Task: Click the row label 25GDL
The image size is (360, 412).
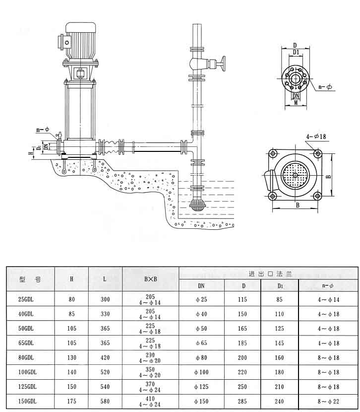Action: pos(25,299)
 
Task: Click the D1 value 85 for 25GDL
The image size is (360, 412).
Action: pos(280,299)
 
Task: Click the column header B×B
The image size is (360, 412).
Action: pos(151,279)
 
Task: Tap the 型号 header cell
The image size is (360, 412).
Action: pos(30,279)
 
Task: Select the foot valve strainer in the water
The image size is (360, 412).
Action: pos(197,205)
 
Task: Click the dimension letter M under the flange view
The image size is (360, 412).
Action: pos(296,103)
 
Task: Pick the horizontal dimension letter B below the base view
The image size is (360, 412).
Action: pos(296,204)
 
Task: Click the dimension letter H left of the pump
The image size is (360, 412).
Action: pos(31,153)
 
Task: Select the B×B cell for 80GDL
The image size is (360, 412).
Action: pos(151,357)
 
